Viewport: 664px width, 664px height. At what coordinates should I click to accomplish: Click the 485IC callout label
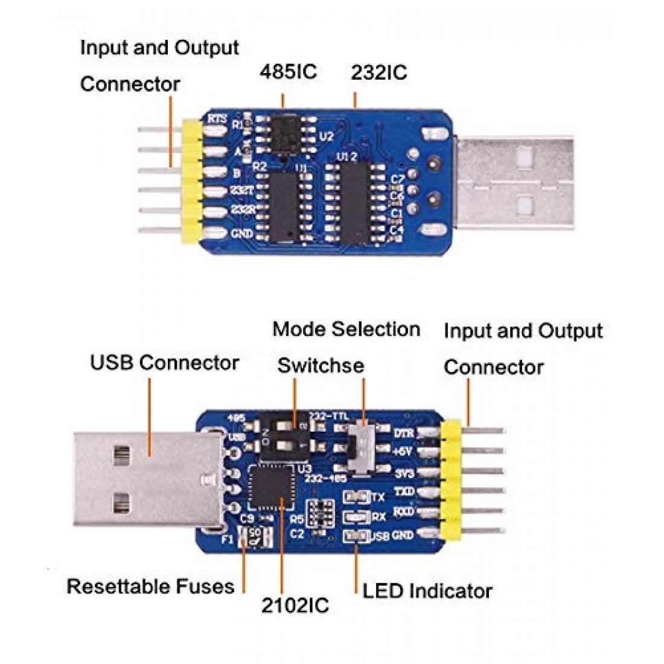coord(288,72)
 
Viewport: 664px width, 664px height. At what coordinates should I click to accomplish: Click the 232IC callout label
coord(379,73)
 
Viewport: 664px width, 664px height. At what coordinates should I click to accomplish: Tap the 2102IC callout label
coord(295,605)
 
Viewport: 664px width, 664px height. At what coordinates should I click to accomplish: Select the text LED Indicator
coord(427,591)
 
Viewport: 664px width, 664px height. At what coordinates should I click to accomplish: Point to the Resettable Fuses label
coord(150,586)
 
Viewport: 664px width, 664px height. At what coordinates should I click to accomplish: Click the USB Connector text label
coord(164,363)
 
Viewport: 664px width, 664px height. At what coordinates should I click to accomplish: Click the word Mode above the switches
coord(299,330)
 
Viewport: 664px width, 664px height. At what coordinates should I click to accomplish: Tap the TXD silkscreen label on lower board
coord(404,493)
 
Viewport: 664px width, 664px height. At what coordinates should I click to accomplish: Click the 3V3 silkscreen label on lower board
coord(404,473)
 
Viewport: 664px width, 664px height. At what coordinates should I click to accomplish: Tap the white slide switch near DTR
coord(362,445)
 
